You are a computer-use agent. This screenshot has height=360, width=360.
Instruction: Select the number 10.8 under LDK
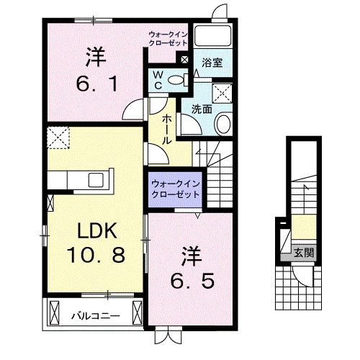tap(98, 255)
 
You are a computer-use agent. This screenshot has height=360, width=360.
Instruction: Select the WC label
tap(156, 79)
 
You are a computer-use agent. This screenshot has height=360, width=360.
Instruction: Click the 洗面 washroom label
tap(202, 109)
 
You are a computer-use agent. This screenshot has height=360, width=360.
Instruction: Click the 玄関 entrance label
tap(303, 252)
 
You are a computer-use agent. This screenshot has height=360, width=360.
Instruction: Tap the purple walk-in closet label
tap(175, 189)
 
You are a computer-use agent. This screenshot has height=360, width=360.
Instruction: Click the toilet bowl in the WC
tap(176, 80)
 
